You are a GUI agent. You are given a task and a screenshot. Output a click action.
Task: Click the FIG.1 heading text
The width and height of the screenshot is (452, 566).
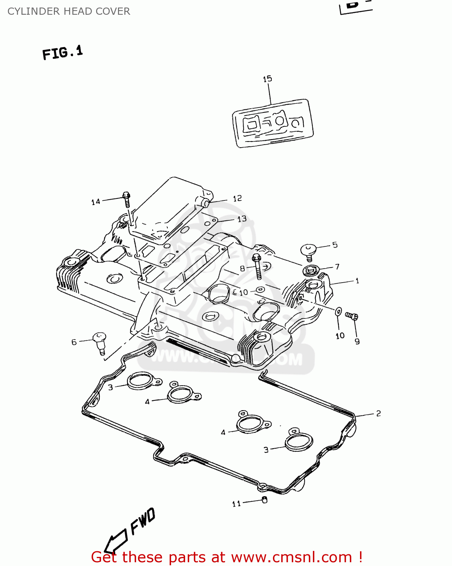pyautogui.click(x=63, y=52)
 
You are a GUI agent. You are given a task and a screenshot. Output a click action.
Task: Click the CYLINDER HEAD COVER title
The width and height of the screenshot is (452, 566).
pyautogui.click(x=69, y=11)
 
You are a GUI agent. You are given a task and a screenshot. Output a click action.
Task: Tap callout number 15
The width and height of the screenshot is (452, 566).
pyautogui.click(x=267, y=79)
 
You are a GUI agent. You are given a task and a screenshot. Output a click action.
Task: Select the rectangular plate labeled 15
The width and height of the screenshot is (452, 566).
pyautogui.click(x=273, y=123)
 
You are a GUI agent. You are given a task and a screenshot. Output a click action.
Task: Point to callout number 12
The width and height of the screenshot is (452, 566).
pyautogui.click(x=237, y=198)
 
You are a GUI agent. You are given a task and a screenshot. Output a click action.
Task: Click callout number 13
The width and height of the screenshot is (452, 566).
pyautogui.click(x=242, y=219)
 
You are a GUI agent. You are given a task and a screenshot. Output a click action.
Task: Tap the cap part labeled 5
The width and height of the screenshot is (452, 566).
pyautogui.click(x=308, y=251)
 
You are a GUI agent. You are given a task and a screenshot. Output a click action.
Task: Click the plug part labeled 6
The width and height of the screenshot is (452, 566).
pyautogui.click(x=100, y=341)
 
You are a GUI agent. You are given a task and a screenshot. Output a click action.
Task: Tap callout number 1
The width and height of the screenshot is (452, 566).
pyautogui.click(x=357, y=281)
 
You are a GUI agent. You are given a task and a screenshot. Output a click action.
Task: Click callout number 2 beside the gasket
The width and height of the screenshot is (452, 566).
pyautogui.click(x=378, y=414)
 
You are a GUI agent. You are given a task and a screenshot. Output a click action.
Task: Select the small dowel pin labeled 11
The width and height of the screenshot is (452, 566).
pyautogui.click(x=264, y=500)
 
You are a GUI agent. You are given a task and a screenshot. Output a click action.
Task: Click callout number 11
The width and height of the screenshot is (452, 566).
pyautogui.click(x=236, y=504)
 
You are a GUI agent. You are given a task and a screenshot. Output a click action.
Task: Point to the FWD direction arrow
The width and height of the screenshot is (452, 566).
pyautogui.click(x=115, y=541)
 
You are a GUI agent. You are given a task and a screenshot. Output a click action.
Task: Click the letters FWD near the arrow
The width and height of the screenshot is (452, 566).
pyautogui.click(x=142, y=521)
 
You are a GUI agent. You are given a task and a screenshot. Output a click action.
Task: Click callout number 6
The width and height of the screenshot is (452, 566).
pyautogui.click(x=74, y=342)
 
